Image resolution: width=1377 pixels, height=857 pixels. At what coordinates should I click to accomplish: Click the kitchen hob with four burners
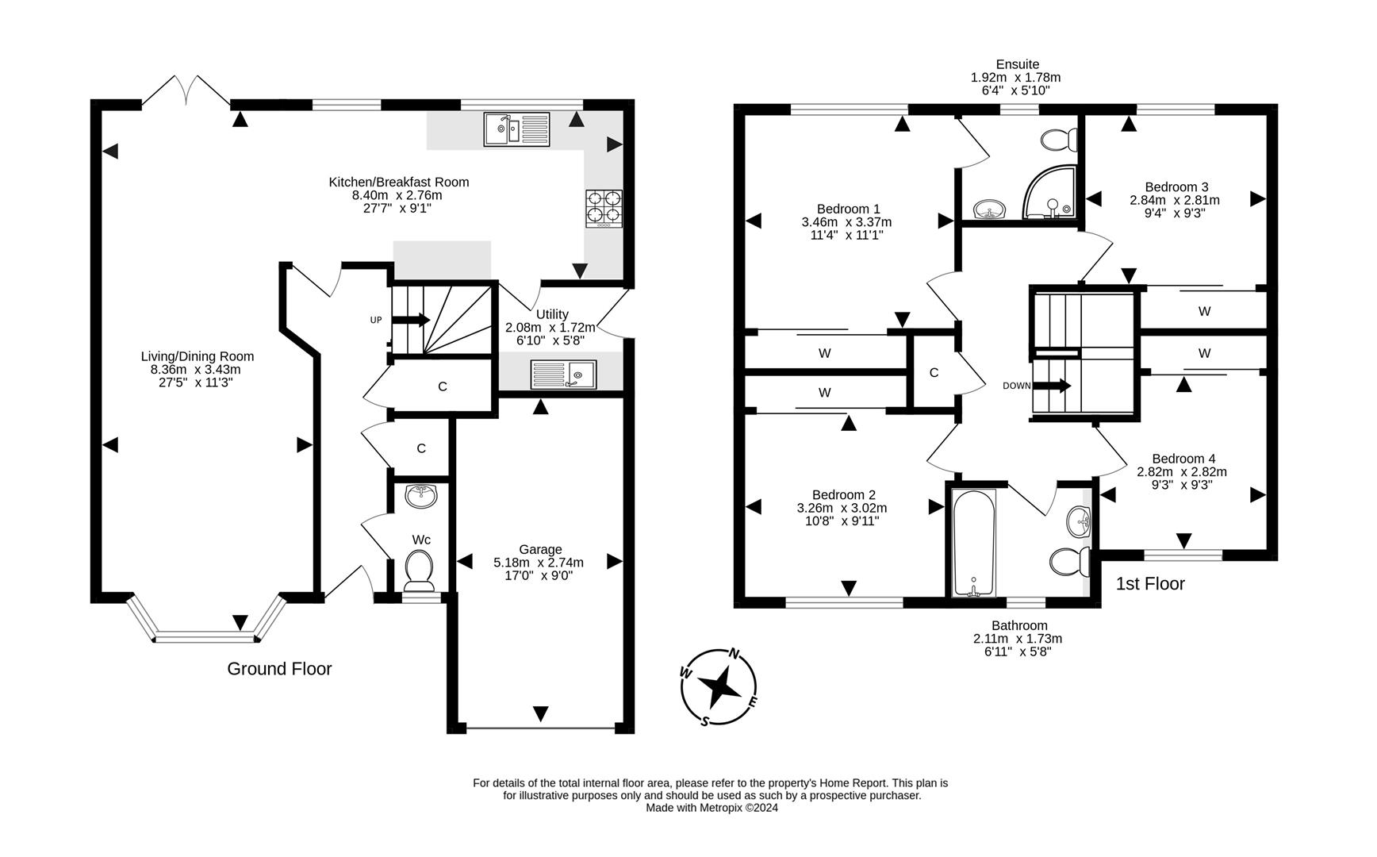tap(604, 208)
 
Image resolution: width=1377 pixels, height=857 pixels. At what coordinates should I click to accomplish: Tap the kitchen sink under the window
tap(516, 129)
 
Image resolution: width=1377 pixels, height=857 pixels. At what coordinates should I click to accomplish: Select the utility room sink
tap(563, 375)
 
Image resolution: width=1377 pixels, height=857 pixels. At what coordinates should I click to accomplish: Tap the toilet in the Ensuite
tap(1058, 140)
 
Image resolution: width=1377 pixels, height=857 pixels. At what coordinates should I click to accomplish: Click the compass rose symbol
tap(719, 687)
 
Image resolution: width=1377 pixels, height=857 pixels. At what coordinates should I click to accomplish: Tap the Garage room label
tap(540, 549)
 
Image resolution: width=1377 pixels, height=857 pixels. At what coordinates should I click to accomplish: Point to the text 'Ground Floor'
tap(279, 669)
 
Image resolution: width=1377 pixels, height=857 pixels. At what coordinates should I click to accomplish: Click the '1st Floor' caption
tap(1149, 584)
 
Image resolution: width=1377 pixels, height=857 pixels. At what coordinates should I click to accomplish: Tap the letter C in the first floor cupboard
tap(934, 372)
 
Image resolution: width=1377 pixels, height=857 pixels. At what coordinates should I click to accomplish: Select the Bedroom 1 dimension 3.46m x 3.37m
tap(846, 222)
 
